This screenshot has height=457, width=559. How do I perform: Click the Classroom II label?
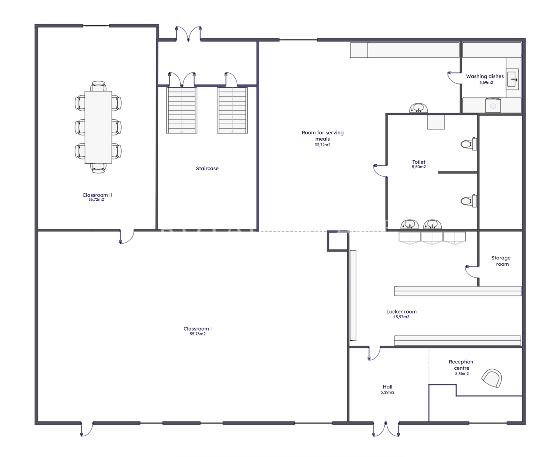(x=97, y=195)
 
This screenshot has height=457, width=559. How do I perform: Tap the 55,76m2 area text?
(x=197, y=334)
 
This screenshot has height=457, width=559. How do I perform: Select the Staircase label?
(x=207, y=168)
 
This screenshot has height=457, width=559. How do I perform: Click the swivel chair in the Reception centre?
(x=492, y=378)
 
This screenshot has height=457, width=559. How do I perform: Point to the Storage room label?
(x=501, y=261)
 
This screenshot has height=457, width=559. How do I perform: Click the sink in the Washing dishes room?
(x=512, y=79)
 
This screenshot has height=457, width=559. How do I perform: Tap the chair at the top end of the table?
(x=98, y=86)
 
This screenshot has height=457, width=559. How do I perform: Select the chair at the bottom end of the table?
(x=98, y=168)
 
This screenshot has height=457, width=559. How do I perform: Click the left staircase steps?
(x=182, y=110)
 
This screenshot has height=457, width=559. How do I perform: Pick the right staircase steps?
(x=232, y=110)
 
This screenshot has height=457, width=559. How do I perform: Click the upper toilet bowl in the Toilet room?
(x=469, y=144)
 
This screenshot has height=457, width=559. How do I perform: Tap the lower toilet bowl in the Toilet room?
(x=469, y=201)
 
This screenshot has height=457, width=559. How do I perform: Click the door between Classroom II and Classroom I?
(x=127, y=237)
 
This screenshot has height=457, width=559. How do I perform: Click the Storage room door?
(x=472, y=272)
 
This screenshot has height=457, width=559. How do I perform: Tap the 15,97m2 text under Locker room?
(x=401, y=317)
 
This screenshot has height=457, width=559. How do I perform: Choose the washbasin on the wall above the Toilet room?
(x=419, y=108)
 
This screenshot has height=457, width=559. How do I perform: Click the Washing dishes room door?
(x=455, y=78)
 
